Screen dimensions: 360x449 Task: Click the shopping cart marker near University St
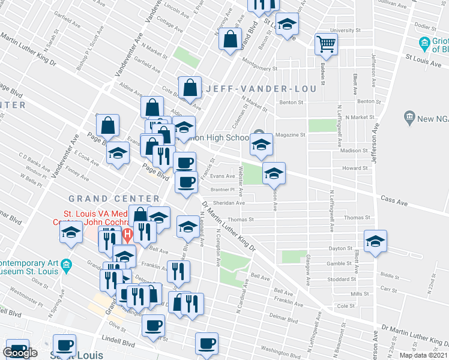pos(326,43)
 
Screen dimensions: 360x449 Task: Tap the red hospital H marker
pos(127,233)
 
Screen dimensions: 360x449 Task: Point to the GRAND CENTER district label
pos(114,199)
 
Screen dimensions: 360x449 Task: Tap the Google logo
pos(20,353)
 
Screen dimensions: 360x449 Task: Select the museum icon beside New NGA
pos(410,116)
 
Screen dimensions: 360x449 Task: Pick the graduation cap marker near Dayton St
pos(376,241)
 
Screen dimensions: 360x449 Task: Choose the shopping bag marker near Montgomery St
pos(231,40)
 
